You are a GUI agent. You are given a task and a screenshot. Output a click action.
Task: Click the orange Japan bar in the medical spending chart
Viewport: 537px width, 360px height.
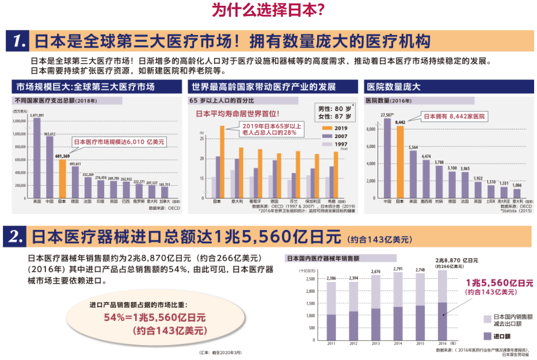coord(62,178)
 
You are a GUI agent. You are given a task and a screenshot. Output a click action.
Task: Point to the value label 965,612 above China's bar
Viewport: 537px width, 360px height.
coord(49,134)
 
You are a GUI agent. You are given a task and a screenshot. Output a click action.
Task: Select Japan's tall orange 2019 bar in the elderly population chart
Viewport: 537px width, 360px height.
coord(222,161)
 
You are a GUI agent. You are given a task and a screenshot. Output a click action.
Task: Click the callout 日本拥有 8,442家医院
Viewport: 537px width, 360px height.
coord(454,116)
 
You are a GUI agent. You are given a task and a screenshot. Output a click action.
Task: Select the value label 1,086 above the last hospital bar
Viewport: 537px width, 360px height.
coord(516,186)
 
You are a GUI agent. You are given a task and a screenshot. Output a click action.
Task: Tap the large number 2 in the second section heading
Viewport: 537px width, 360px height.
coord(17,236)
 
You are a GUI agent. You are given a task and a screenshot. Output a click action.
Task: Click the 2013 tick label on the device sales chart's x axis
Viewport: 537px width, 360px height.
coord(375,343)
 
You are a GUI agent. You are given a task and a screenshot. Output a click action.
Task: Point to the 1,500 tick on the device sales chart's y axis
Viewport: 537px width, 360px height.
coord(311,303)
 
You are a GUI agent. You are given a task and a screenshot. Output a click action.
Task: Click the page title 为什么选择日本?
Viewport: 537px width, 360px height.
coord(268,10)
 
